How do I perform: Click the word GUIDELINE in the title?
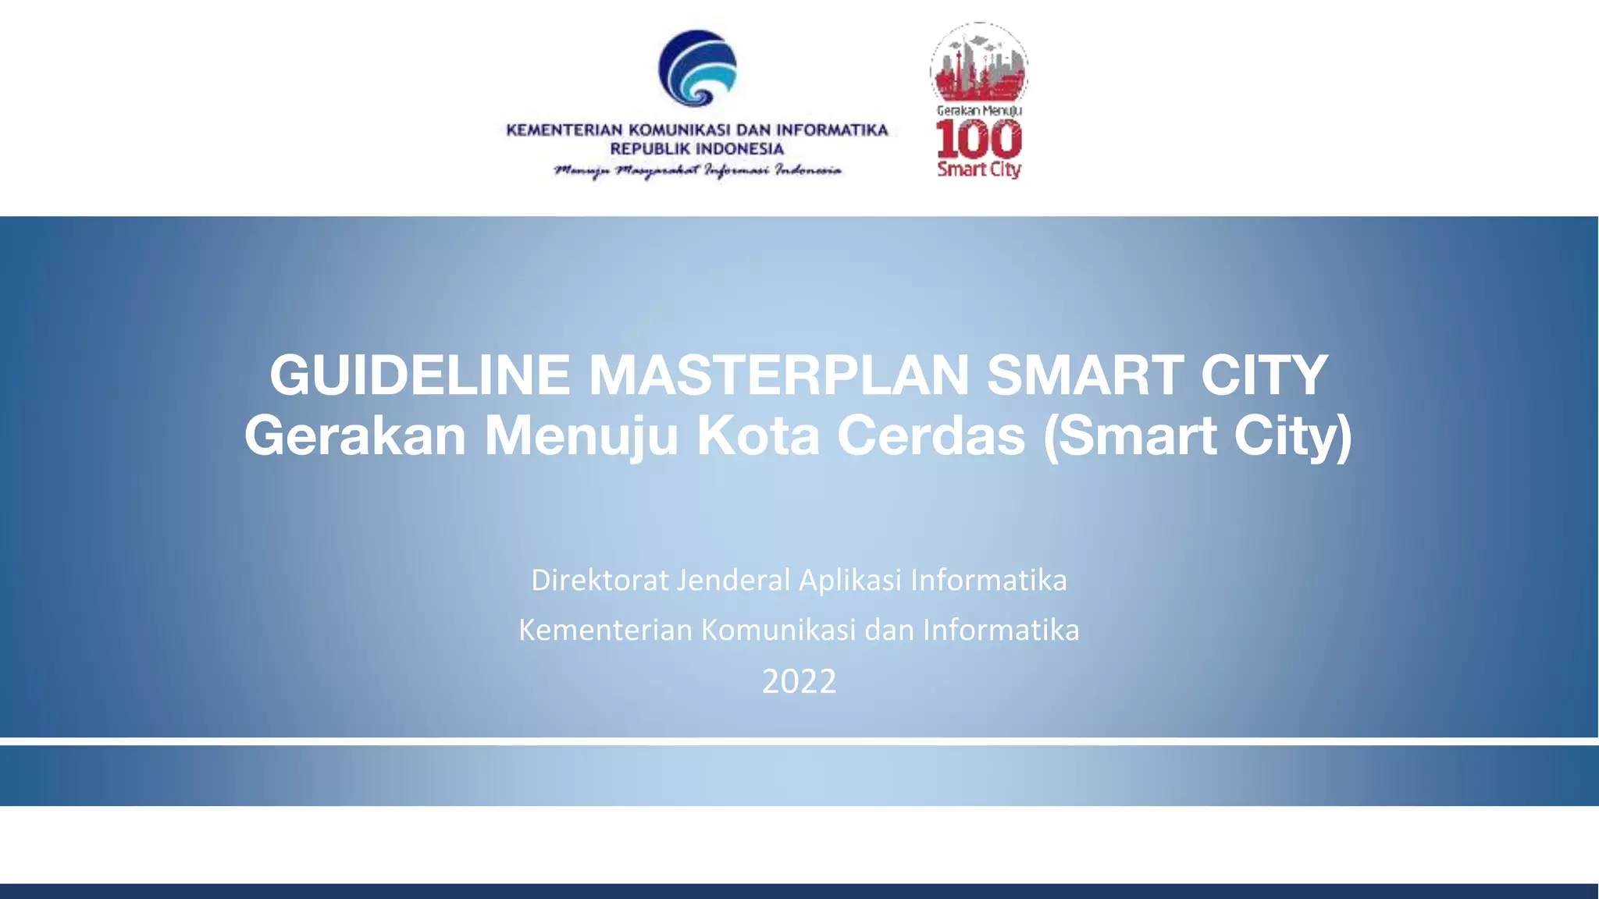pyautogui.click(x=419, y=375)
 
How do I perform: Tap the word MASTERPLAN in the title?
pyautogui.click(x=778, y=375)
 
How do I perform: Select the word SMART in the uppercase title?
pyautogui.click(x=1084, y=375)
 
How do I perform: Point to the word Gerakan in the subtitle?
pyautogui.click(x=355, y=435)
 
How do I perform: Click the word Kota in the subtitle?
pyautogui.click(x=757, y=435)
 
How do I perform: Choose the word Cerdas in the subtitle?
pyautogui.click(x=931, y=435)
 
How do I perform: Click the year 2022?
pyautogui.click(x=799, y=681)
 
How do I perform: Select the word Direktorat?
pyautogui.click(x=600, y=581)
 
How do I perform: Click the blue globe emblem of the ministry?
pyautogui.click(x=697, y=69)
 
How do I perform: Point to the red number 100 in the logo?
pyautogui.click(x=979, y=140)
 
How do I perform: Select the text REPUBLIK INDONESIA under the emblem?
pyautogui.click(x=696, y=149)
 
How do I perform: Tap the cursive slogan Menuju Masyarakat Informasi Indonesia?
pyautogui.click(x=697, y=170)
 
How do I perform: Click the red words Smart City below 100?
pyautogui.click(x=979, y=169)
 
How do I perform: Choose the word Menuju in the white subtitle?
pyautogui.click(x=581, y=437)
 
